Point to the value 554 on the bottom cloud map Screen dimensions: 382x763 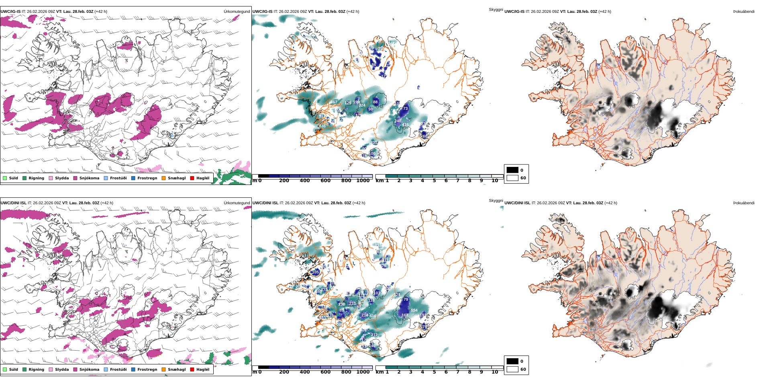[414, 310]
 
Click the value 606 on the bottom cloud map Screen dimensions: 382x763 [373, 316]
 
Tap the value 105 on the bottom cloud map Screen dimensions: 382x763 [316, 272]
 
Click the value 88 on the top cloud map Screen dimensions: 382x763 [375, 102]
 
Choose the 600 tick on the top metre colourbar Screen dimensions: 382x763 [325, 181]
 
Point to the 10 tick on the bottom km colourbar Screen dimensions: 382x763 [495, 372]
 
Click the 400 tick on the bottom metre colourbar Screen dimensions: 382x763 [305, 372]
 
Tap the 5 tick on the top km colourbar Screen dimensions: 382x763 [434, 181]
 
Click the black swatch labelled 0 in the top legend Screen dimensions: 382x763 [512, 170]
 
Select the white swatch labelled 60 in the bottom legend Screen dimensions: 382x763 [512, 369]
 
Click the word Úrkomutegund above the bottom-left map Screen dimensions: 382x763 [237, 203]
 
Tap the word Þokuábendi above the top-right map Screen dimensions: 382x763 [744, 12]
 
